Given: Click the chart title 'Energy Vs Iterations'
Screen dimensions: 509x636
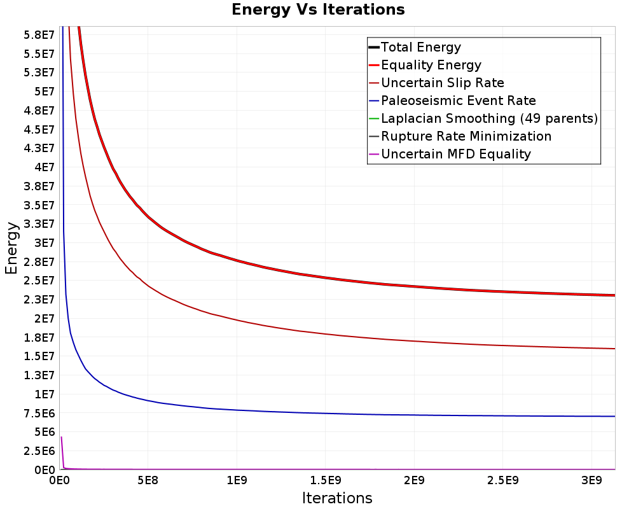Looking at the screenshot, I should (x=318, y=10).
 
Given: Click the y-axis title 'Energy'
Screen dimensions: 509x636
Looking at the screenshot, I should (x=11, y=248).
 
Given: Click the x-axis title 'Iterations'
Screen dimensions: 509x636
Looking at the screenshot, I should (x=337, y=498).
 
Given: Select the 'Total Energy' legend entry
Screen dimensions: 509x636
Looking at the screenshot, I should (x=420, y=47).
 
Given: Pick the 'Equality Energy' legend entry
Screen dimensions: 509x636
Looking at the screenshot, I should (x=431, y=65).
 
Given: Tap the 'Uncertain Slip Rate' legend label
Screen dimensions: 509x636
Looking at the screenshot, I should (x=442, y=83).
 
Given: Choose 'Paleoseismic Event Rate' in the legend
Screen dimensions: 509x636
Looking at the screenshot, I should (x=458, y=101).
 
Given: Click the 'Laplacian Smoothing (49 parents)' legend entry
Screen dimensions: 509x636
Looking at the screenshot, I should (x=489, y=118).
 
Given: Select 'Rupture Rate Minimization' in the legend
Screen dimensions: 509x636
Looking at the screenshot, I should (x=466, y=136).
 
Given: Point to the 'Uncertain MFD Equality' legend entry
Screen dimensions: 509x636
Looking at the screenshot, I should (x=455, y=154).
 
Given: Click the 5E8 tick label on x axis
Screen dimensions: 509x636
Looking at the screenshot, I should (x=148, y=479).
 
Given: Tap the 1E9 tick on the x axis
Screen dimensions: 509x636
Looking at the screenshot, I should (x=237, y=479).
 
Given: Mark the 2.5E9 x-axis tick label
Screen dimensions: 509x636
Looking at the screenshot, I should (x=503, y=479).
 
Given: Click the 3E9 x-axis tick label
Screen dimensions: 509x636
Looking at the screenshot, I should (x=591, y=479).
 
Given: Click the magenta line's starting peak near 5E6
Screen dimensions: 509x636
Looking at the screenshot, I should (x=62, y=438).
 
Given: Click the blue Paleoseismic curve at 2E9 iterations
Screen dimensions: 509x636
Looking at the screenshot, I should (x=414, y=415).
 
